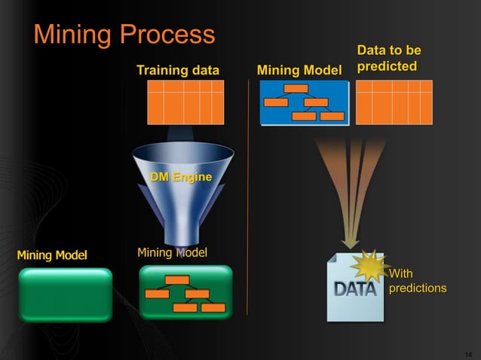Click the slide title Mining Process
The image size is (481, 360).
click(x=124, y=34)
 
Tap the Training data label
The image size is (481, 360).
click(x=178, y=71)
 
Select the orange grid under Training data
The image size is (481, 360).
click(x=185, y=102)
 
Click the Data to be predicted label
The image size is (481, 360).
click(x=388, y=59)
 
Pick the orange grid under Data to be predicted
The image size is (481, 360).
click(x=394, y=102)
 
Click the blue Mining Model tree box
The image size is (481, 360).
click(x=304, y=102)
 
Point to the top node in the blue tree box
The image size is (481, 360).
click(x=296, y=88)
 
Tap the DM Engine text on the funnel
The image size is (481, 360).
click(x=181, y=177)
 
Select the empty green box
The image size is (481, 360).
click(x=65, y=294)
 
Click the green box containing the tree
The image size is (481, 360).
click(x=185, y=292)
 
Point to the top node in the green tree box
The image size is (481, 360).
click(x=177, y=279)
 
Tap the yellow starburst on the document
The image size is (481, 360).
click(x=370, y=265)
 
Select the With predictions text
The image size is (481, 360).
click(x=417, y=281)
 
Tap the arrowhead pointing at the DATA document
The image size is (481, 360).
click(x=350, y=243)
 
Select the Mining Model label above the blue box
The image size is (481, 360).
click(x=299, y=71)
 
